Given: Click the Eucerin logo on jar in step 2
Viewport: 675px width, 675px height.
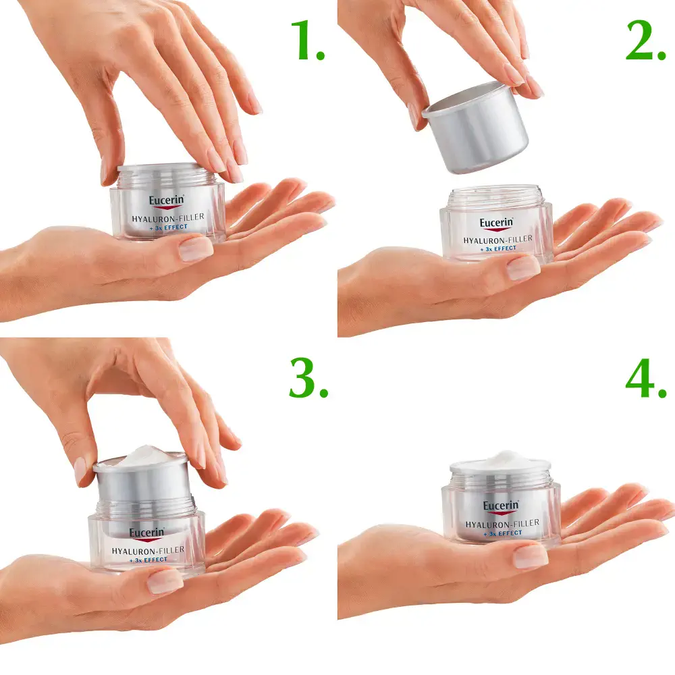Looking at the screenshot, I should tap(497, 223).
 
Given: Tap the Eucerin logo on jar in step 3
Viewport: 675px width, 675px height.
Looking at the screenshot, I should tap(146, 533).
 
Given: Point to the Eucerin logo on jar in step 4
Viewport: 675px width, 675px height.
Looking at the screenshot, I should tap(500, 507).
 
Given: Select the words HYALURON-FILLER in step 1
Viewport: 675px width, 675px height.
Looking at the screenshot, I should tap(169, 217).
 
